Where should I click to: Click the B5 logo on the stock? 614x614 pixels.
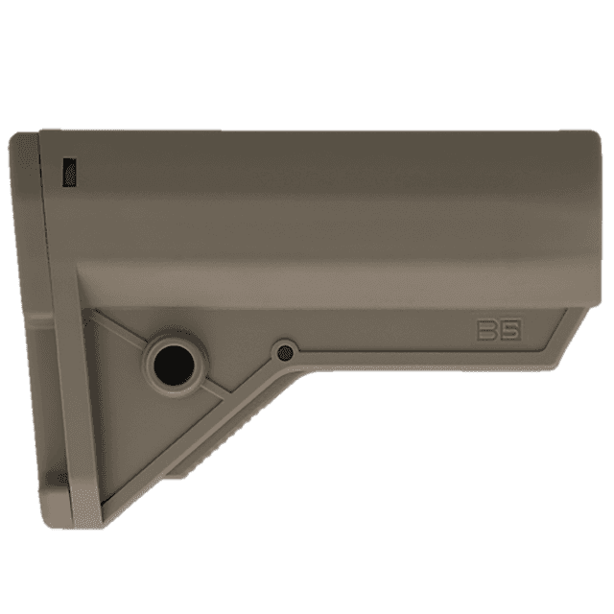498,330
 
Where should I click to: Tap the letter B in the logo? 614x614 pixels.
487,330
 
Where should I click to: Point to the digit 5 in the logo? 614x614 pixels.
509,330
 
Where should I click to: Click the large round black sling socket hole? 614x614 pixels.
176,363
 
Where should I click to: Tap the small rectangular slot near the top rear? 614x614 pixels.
66,173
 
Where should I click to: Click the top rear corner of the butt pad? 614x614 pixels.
21,137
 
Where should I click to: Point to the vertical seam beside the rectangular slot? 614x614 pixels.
44,192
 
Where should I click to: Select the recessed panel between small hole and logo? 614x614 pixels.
384,336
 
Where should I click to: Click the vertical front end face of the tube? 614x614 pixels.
597,221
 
